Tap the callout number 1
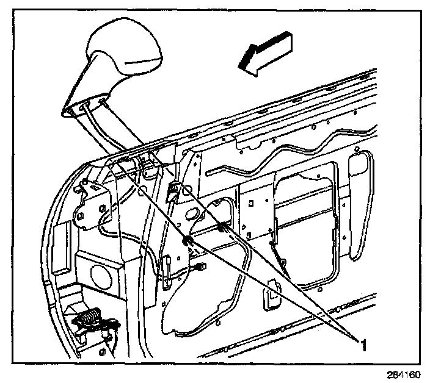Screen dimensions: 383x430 (363, 346)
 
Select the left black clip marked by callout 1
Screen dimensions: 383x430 (189, 240)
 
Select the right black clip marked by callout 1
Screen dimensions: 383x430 (222, 228)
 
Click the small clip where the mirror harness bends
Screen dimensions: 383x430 (172, 189)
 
